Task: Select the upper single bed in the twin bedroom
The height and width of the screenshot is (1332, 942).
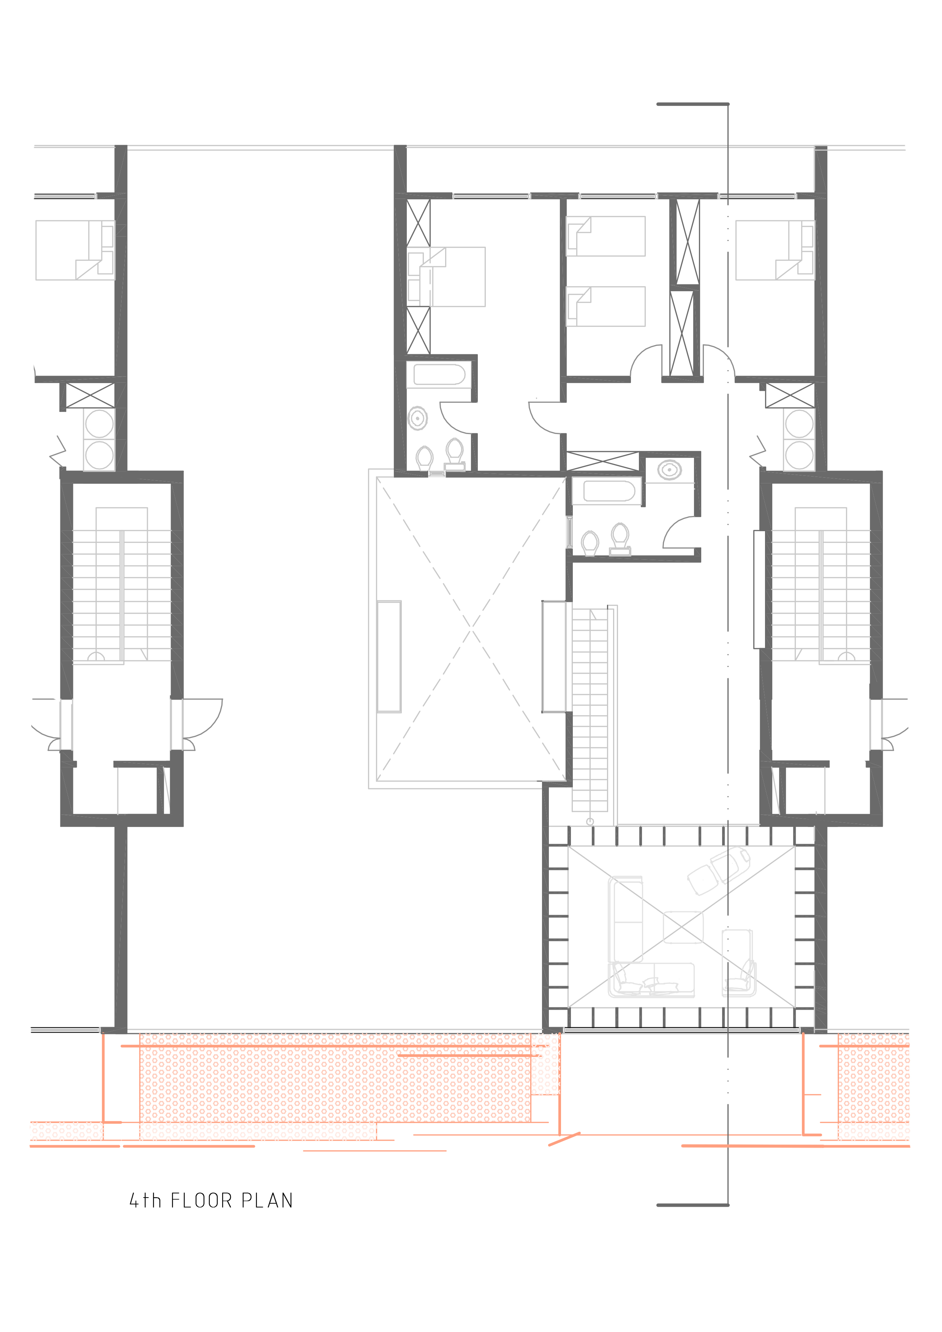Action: pos(605,236)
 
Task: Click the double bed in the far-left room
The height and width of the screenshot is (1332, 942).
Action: pos(74,250)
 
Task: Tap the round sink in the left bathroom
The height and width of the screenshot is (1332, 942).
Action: pos(417,418)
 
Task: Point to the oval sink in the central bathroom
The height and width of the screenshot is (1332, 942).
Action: pos(670,469)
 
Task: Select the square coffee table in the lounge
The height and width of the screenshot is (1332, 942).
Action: pos(683,927)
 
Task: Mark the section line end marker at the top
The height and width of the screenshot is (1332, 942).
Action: pos(692,104)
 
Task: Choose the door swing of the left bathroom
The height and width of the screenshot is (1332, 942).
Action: pos(456,418)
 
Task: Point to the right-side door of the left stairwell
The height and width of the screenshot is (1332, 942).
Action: pos(200,720)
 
